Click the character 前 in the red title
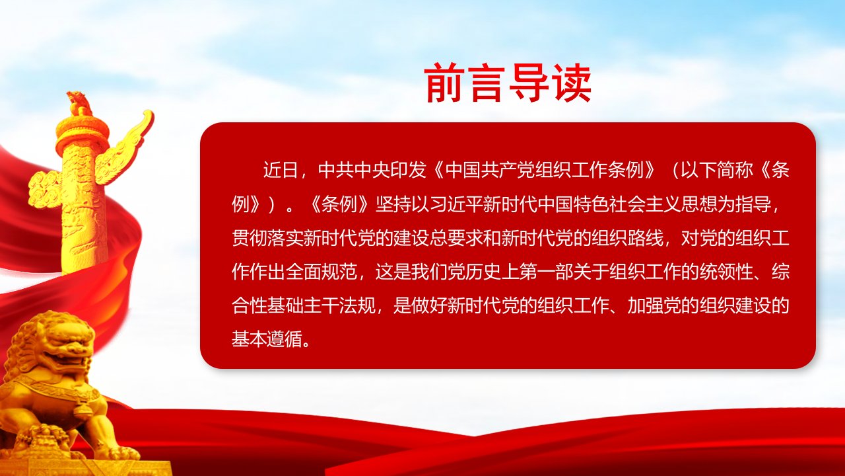pos(444,83)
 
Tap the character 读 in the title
pos(570,83)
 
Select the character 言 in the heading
pos(487,83)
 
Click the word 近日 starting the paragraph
pos(281,170)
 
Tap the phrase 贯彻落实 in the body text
pos(268,239)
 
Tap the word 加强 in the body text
pos(645,306)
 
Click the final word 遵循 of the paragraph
pos(286,340)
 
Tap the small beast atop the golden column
pos(79,103)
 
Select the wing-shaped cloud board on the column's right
pos(125,147)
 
